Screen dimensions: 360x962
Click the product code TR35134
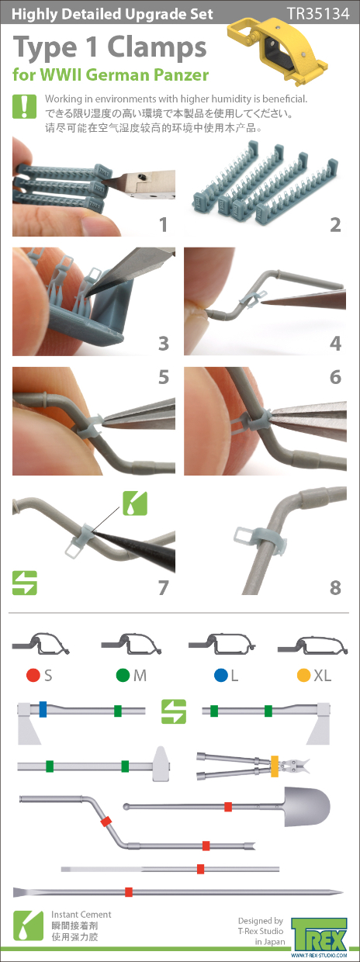318,14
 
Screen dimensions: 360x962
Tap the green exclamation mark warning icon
25,106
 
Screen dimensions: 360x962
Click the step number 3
163,344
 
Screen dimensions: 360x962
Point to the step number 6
335,377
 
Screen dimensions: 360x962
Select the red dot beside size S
33,675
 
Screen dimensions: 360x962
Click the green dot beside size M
123,675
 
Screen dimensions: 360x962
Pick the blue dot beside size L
221,675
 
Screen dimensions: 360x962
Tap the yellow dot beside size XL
303,675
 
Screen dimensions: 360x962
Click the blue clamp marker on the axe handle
43,709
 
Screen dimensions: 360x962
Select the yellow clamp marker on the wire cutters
275,766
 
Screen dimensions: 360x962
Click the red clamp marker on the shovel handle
228,807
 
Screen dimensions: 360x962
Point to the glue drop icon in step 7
135,503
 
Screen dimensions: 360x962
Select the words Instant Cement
81,915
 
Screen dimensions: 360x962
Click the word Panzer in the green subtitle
181,74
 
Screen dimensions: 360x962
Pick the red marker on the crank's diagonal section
106,821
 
